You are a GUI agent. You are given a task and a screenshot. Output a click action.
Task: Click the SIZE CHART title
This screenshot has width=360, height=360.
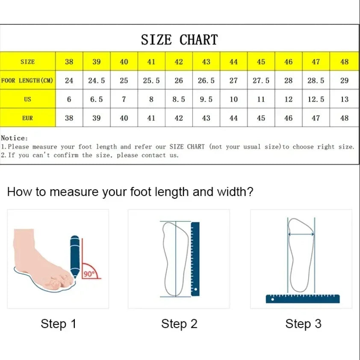pyautogui.click(x=179, y=40)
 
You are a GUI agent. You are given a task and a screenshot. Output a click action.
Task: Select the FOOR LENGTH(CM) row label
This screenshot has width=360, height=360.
pyautogui.click(x=27, y=80)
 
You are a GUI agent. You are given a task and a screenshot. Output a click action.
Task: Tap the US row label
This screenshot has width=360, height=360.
pyautogui.click(x=27, y=99)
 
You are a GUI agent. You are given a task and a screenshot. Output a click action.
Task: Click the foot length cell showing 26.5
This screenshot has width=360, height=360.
pyautogui.click(x=206, y=80)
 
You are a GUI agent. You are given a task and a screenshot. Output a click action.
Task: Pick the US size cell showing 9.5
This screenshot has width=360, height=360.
pyautogui.click(x=206, y=99)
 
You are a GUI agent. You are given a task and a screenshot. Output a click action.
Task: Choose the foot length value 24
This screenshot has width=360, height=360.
pyautogui.click(x=69, y=80)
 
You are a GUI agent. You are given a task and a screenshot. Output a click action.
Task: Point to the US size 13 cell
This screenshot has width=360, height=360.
pyautogui.click(x=344, y=99)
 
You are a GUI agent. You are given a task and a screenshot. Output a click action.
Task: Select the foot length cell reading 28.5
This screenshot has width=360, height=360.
pyautogui.click(x=316, y=80)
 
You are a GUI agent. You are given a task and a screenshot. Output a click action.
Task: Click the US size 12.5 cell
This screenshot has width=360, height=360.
pyautogui.click(x=316, y=99)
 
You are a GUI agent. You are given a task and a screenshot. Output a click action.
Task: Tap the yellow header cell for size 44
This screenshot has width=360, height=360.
pyautogui.click(x=233, y=61)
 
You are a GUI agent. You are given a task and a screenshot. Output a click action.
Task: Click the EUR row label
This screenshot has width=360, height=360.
pyautogui.click(x=27, y=118)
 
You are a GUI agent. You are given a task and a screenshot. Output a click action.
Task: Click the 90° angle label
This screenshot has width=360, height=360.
pyautogui.click(x=89, y=274)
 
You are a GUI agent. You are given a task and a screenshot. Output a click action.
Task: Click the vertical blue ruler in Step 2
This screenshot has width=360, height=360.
pyautogui.click(x=195, y=259)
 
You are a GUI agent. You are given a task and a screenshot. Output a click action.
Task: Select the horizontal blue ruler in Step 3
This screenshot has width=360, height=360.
pyautogui.click(x=303, y=299)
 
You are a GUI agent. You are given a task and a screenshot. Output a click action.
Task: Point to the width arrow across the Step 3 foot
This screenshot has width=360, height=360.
pyautogui.click(x=301, y=234)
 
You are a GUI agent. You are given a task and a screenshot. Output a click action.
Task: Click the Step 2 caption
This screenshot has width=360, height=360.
pyautogui.click(x=179, y=324)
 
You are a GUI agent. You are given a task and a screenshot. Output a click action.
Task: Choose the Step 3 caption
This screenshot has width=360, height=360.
pyautogui.click(x=303, y=324)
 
